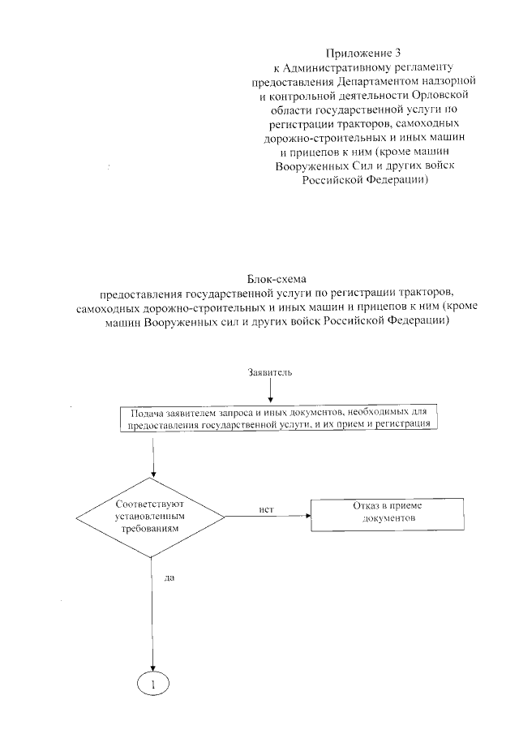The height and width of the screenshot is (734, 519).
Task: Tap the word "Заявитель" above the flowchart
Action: pyautogui.click(x=270, y=372)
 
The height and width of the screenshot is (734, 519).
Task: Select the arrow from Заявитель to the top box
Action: pyautogui.click(x=270, y=391)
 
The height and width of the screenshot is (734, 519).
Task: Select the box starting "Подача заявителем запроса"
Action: pyautogui.click(x=278, y=419)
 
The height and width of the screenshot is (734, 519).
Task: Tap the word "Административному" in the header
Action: pyautogui.click(x=344, y=67)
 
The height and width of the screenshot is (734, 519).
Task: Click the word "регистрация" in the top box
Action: pyautogui.click(x=406, y=424)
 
